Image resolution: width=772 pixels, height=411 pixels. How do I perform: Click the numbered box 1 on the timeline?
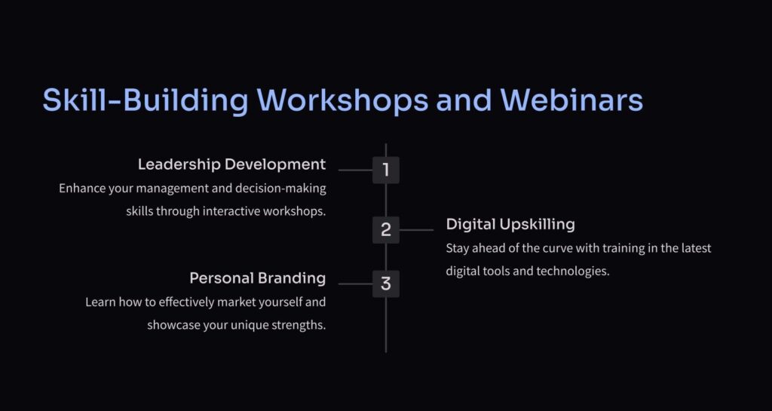point(385,170)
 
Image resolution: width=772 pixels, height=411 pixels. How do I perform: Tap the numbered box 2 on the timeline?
point(385,230)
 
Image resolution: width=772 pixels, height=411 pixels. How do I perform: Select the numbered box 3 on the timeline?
point(385,284)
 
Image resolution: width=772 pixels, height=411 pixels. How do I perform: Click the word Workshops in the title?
point(343,100)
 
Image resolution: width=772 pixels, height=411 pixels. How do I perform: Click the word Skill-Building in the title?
point(146,101)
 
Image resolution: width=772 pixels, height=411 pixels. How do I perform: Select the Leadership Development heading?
point(232,164)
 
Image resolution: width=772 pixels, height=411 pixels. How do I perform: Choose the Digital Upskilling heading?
point(510,225)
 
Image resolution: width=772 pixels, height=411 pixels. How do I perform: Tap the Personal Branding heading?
point(258,278)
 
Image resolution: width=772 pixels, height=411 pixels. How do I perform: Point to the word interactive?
point(231,211)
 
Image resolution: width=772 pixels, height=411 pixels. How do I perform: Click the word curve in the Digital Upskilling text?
point(557,248)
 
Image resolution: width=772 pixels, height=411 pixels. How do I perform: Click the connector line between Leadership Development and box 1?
point(356,170)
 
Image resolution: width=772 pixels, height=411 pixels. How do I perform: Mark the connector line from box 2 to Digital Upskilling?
point(416,230)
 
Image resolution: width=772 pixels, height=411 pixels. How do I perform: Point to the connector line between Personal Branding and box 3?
point(356,284)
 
